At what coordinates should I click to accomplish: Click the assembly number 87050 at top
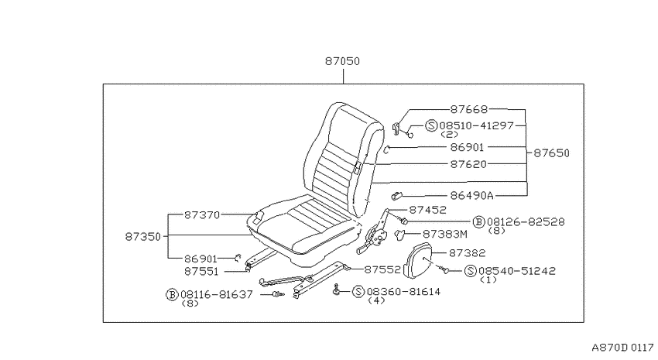click(342, 61)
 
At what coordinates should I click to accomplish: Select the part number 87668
click(469, 109)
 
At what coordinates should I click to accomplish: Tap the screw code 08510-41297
click(476, 125)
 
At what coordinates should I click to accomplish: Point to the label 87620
click(468, 164)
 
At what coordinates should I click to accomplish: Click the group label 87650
click(551, 153)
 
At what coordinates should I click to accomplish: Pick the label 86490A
click(471, 196)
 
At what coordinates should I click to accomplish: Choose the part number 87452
click(427, 210)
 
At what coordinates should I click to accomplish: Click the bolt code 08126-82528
click(526, 221)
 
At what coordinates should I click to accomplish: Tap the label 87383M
click(445, 234)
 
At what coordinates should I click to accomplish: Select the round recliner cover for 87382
click(420, 262)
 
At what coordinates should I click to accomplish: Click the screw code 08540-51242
click(517, 271)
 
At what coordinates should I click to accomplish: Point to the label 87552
click(382, 269)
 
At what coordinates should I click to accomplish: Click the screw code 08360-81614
click(403, 292)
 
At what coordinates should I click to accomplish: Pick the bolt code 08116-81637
click(217, 294)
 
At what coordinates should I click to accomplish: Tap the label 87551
click(201, 272)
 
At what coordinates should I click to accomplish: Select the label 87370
click(202, 214)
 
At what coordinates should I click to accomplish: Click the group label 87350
click(143, 237)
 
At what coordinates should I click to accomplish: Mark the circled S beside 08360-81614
click(358, 292)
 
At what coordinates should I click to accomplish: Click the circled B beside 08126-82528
click(479, 222)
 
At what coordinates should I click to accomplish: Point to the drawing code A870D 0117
click(622, 348)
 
